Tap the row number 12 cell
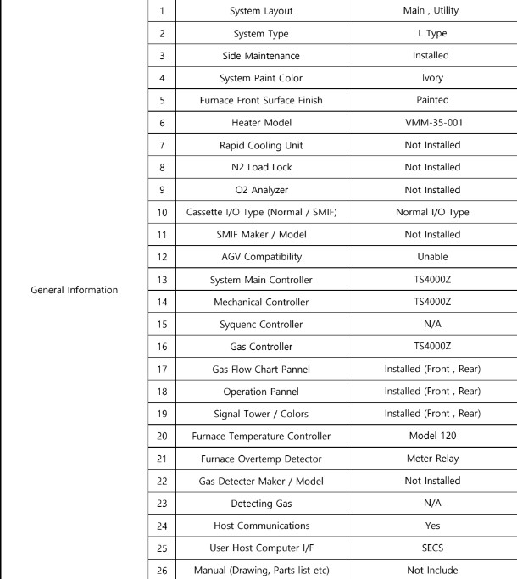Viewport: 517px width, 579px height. pyautogui.click(x=138, y=256)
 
